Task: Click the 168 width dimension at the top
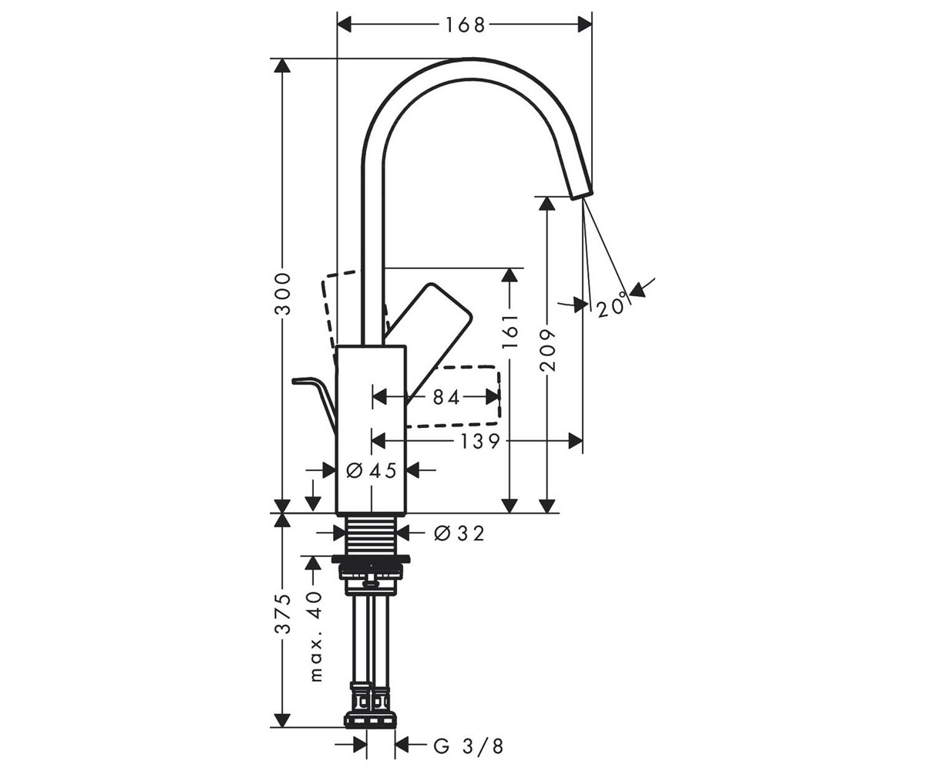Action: pyautogui.click(x=465, y=25)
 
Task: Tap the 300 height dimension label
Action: pyautogui.click(x=282, y=294)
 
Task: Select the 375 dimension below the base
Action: pyautogui.click(x=282, y=614)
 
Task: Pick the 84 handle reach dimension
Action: pyautogui.click(x=446, y=398)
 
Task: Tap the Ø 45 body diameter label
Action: pyautogui.click(x=372, y=470)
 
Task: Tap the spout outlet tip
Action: pyautogui.click(x=581, y=195)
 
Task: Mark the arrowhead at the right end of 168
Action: pyautogui.click(x=585, y=25)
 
